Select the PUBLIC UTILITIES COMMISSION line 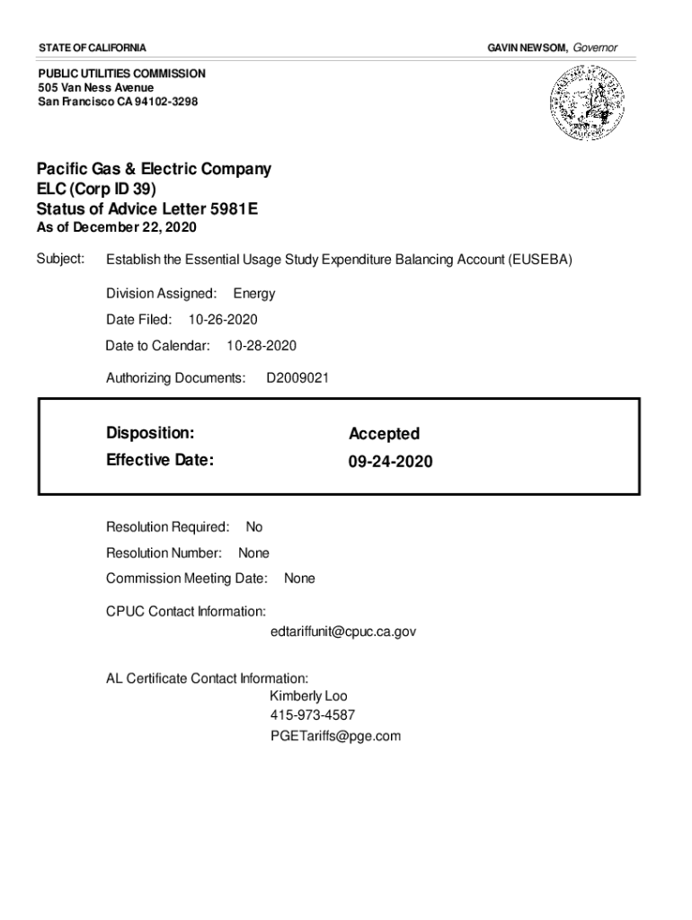[x=121, y=74]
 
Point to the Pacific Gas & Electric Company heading [x=154, y=169]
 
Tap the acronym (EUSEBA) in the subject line [x=539, y=261]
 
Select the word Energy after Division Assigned [x=254, y=294]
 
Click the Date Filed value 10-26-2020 [x=223, y=320]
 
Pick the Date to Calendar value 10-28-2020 [x=262, y=346]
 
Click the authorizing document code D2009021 [x=297, y=378]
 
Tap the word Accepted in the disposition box [x=384, y=434]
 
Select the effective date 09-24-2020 [x=390, y=462]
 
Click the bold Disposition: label [x=150, y=433]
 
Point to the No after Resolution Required [x=254, y=527]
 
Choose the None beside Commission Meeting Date [x=299, y=579]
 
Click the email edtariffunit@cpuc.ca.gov [x=342, y=632]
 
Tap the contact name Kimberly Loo [x=308, y=696]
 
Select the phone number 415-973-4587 [x=312, y=716]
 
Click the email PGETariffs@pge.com [x=334, y=737]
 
